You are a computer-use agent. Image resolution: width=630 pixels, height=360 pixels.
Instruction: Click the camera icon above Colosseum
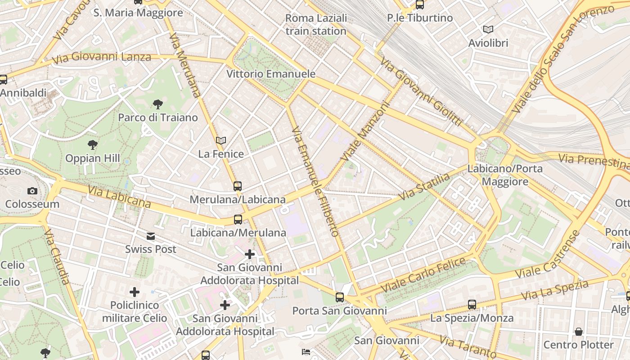[x=32, y=191]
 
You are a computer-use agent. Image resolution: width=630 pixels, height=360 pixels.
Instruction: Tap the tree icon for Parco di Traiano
[x=157, y=104]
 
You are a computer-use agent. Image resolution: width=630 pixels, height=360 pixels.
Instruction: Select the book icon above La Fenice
[x=220, y=141]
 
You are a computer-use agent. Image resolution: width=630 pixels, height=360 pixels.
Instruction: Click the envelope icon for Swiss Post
[x=150, y=236]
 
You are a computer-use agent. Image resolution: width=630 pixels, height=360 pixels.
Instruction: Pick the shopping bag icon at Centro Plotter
[x=579, y=332]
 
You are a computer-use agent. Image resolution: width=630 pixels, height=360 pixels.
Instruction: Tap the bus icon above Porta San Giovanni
[x=340, y=297]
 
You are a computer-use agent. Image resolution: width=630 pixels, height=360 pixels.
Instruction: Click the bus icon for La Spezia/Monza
[x=472, y=305]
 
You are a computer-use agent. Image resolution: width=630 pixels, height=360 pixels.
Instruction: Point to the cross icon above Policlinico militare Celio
[x=134, y=292]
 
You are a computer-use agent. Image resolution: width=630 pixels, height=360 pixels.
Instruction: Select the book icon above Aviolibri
[x=488, y=30]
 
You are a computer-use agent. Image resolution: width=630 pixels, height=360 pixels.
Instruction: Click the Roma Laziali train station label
[x=316, y=25]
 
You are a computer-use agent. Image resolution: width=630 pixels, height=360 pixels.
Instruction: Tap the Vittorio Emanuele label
[x=271, y=74]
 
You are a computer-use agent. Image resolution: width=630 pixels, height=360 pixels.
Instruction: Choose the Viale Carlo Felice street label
[x=423, y=274]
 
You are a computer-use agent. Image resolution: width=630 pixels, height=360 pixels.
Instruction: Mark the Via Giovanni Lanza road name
[x=101, y=58]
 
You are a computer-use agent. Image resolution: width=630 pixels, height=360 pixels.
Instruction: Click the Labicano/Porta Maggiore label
[x=505, y=175]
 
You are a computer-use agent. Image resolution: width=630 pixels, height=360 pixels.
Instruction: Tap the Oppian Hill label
[x=93, y=158]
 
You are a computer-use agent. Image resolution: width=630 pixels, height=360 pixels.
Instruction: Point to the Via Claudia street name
[x=57, y=256]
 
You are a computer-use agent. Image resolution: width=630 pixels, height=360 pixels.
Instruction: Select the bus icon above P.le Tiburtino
[x=420, y=5]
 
